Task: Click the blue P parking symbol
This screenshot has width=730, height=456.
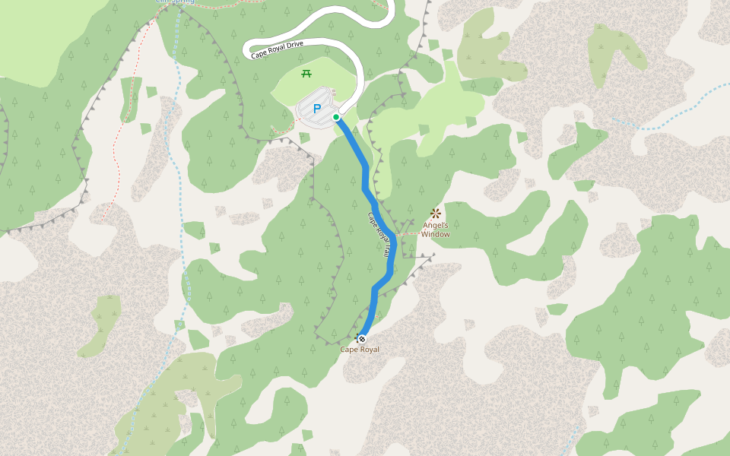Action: (x=317, y=109)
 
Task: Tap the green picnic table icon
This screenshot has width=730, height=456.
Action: (x=306, y=74)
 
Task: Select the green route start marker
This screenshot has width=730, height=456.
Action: (x=336, y=117)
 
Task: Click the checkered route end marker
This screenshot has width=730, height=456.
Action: (x=362, y=338)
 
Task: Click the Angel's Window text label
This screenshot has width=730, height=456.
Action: (x=436, y=230)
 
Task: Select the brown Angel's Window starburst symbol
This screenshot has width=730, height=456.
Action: (x=436, y=214)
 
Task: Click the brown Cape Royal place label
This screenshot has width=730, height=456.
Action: (x=359, y=350)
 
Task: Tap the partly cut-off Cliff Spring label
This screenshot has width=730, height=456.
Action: (x=174, y=2)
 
